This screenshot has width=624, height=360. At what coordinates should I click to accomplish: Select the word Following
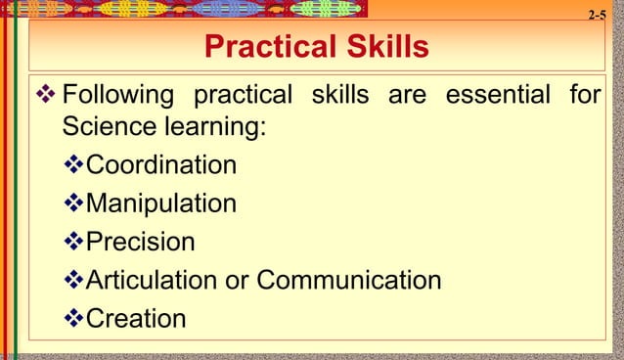(117, 97)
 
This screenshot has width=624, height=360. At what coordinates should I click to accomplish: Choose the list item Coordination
(161, 164)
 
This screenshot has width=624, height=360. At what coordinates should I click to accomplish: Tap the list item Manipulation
(161, 203)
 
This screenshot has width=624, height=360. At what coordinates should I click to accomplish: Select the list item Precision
(141, 242)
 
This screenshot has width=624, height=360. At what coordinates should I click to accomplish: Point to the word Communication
(348, 281)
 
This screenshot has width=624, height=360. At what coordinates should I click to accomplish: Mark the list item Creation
(136, 319)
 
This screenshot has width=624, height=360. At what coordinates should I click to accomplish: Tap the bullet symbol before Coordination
(74, 164)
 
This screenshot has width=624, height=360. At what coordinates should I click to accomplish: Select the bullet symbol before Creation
(74, 319)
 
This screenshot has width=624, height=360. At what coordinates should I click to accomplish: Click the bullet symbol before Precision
(74, 242)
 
